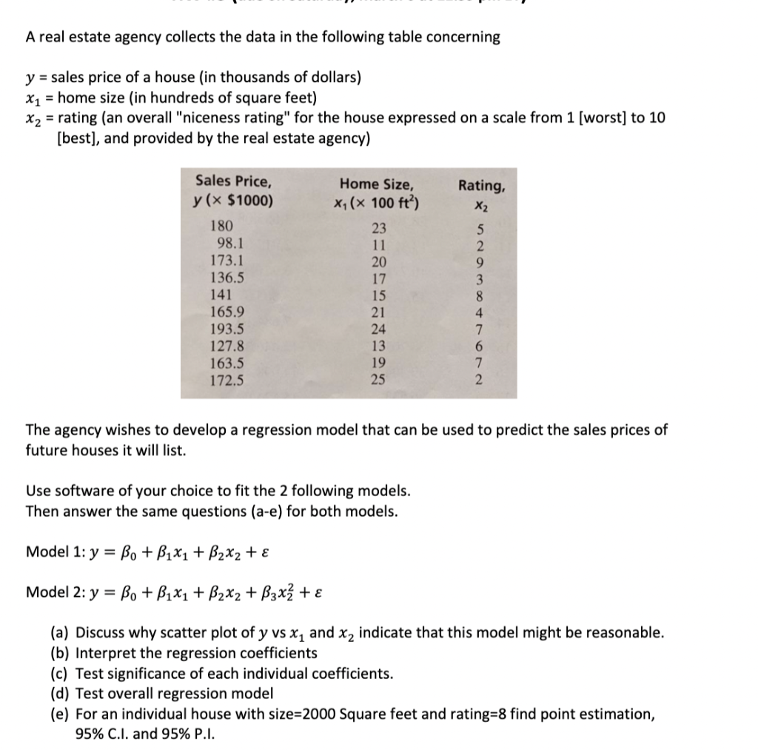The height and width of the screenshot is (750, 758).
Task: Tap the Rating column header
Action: (x=482, y=192)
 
